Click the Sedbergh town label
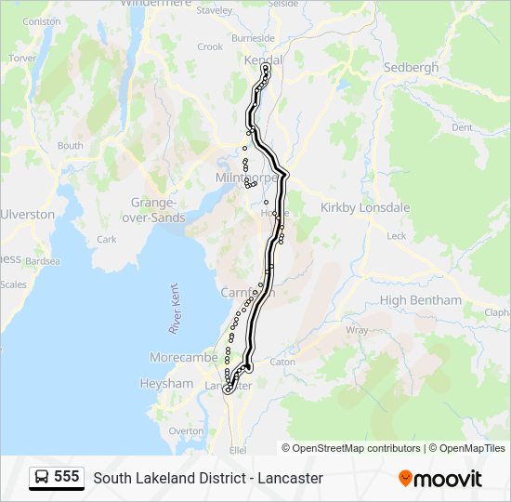click(x=411, y=68)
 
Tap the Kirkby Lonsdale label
click(x=364, y=207)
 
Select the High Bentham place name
click(x=420, y=300)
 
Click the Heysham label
click(x=166, y=383)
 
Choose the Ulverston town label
click(x=28, y=214)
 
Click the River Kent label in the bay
click(x=173, y=310)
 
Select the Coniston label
click(x=41, y=20)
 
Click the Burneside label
click(x=254, y=38)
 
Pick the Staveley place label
click(x=215, y=11)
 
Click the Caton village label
click(x=282, y=362)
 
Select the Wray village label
click(x=357, y=330)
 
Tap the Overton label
click(x=186, y=431)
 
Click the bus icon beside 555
click(x=42, y=478)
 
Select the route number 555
click(x=67, y=477)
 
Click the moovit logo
click(x=440, y=479)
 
